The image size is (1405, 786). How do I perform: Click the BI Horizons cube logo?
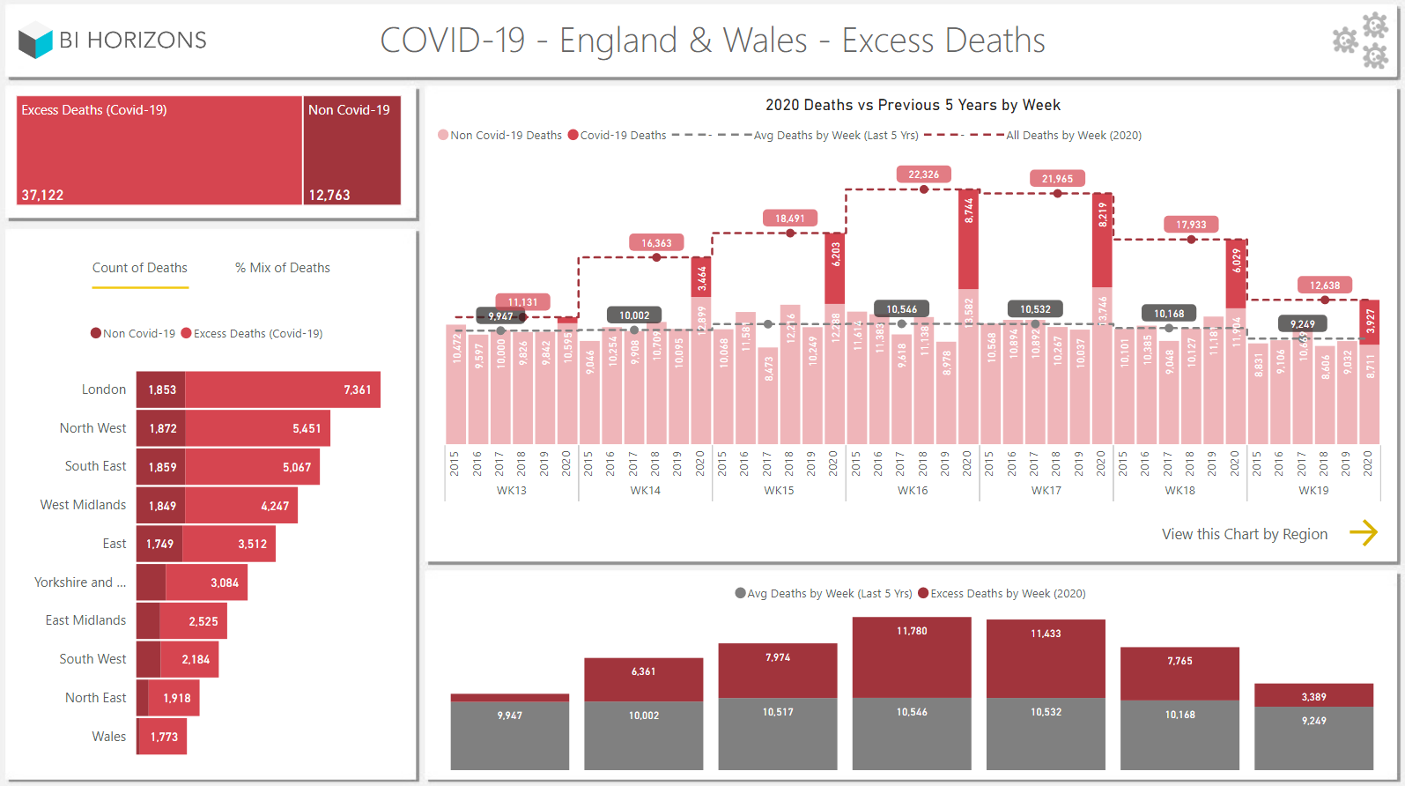point(36,41)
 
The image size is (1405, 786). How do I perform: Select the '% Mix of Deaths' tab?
point(282,268)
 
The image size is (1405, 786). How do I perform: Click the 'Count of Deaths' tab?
point(140,268)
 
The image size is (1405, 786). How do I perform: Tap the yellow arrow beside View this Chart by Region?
point(1363,533)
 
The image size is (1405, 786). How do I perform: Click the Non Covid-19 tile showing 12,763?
point(351,150)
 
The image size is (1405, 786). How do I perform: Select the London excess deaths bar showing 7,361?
point(282,389)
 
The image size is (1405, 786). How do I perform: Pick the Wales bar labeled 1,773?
point(163,737)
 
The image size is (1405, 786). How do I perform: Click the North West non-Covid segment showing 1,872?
point(161,428)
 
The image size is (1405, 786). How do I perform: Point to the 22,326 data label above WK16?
point(923,174)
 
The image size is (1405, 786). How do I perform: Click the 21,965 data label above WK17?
point(1057,179)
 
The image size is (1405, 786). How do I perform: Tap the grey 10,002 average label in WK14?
point(634,315)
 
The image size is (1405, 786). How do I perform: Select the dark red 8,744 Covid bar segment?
point(968,239)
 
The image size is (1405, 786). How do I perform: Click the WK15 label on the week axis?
point(779,491)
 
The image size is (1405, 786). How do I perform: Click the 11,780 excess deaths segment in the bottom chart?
point(912,656)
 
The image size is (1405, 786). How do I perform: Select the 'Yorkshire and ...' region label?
point(80,582)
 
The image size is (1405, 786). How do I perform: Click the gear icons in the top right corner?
point(1362,41)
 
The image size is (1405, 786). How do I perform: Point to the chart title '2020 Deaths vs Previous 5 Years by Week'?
point(913,106)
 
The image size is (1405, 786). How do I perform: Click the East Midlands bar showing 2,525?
point(194,621)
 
